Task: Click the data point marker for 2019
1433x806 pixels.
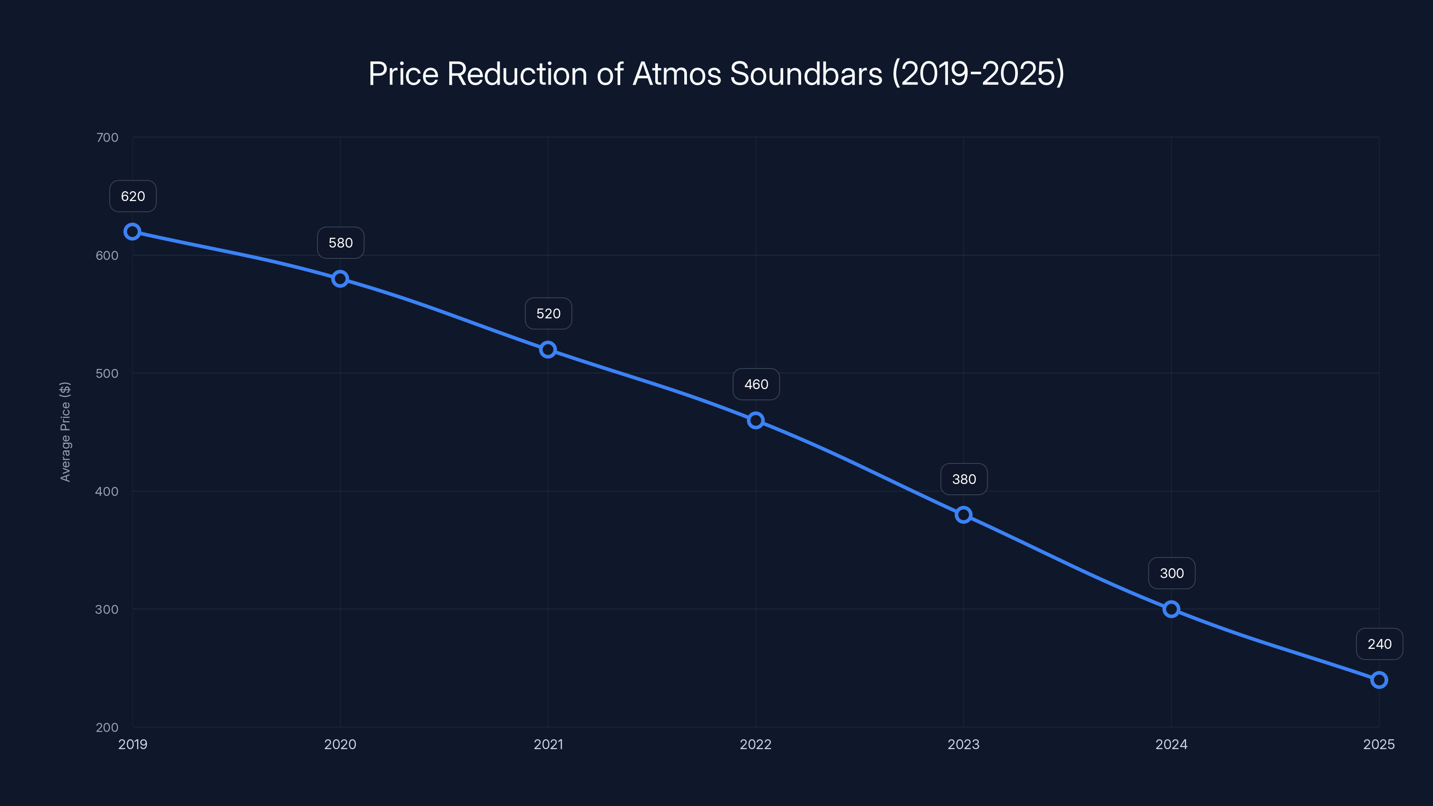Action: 133,232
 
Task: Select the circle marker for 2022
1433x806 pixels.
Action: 755,420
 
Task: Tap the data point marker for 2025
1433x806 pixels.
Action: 1379,680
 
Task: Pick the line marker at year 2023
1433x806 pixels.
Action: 964,514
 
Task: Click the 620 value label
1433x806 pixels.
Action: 133,197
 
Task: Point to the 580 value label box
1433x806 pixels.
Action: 340,243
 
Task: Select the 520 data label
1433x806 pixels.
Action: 548,314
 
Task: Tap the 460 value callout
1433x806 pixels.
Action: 756,384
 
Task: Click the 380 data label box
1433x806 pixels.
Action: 964,479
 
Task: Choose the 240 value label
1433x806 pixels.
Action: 1379,644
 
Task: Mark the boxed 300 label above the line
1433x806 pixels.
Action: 1171,574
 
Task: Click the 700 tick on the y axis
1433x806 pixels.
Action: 107,137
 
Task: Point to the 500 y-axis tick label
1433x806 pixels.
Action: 107,373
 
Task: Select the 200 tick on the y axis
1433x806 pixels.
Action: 107,727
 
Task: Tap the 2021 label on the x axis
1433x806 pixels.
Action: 548,744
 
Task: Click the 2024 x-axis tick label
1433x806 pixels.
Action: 1171,744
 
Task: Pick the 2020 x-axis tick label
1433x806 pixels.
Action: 340,744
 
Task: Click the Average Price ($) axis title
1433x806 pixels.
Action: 65,432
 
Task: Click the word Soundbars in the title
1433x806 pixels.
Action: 806,73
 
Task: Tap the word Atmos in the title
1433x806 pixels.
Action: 677,73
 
